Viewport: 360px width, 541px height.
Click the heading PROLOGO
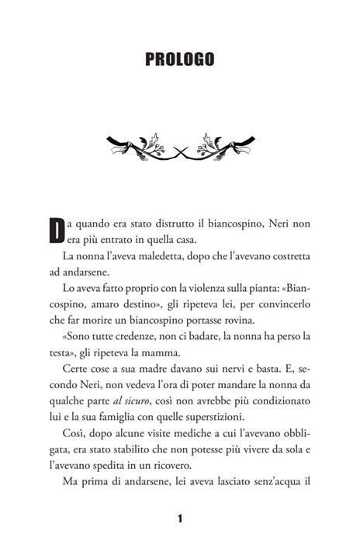[179, 59]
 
